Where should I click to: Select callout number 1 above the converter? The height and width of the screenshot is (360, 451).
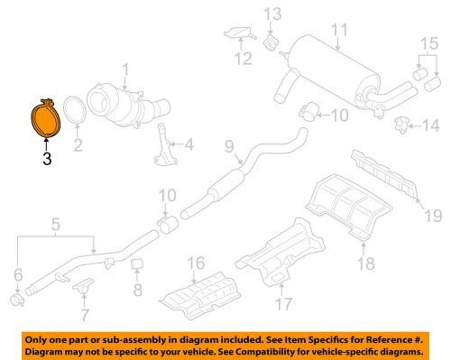[x=126, y=67]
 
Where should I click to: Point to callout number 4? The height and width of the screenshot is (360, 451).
[x=189, y=143]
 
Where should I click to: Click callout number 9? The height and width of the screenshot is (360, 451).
[x=228, y=146]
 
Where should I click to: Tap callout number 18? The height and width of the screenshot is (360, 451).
[x=365, y=263]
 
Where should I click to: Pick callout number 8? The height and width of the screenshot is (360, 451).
[x=138, y=290]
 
